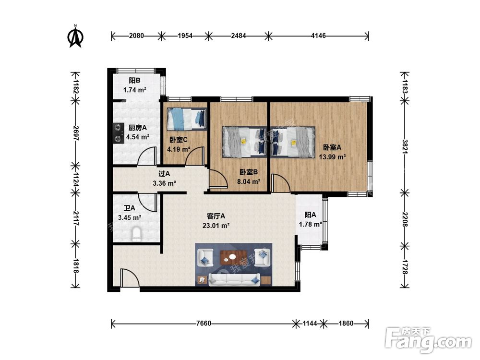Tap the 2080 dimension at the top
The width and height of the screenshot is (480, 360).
click(x=136, y=36)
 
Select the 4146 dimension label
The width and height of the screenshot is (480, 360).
click(x=318, y=36)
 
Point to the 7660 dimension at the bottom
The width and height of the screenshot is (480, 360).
click(x=204, y=323)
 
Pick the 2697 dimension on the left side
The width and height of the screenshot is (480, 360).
click(x=76, y=133)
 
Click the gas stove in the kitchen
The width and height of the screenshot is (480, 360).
click(x=117, y=133)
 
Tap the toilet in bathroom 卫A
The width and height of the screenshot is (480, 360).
click(x=136, y=234)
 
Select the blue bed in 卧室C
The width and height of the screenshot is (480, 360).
click(x=187, y=119)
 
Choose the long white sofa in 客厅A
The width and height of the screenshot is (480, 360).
click(x=235, y=280)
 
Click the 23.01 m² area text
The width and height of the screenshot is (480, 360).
click(x=216, y=226)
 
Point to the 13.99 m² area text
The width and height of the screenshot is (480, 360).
click(x=333, y=157)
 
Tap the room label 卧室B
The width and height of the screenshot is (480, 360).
click(x=249, y=172)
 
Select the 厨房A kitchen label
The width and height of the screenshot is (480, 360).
click(x=137, y=128)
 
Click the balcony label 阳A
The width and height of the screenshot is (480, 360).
click(x=310, y=215)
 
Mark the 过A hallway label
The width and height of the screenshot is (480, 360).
click(x=164, y=174)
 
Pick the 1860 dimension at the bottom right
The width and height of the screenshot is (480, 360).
click(x=346, y=323)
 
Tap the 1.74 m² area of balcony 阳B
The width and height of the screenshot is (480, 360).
click(x=135, y=90)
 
